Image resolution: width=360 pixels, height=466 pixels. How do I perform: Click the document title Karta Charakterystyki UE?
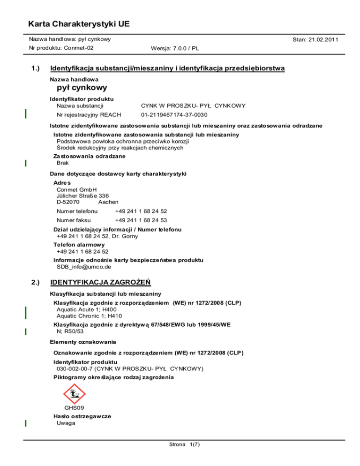(x=79, y=23)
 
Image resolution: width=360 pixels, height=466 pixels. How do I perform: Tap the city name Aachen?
(x=108, y=202)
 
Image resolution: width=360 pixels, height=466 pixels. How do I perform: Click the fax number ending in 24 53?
(x=141, y=220)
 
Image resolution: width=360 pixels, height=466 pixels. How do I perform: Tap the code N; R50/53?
(x=70, y=331)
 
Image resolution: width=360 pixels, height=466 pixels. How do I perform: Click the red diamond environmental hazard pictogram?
(x=74, y=394)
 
